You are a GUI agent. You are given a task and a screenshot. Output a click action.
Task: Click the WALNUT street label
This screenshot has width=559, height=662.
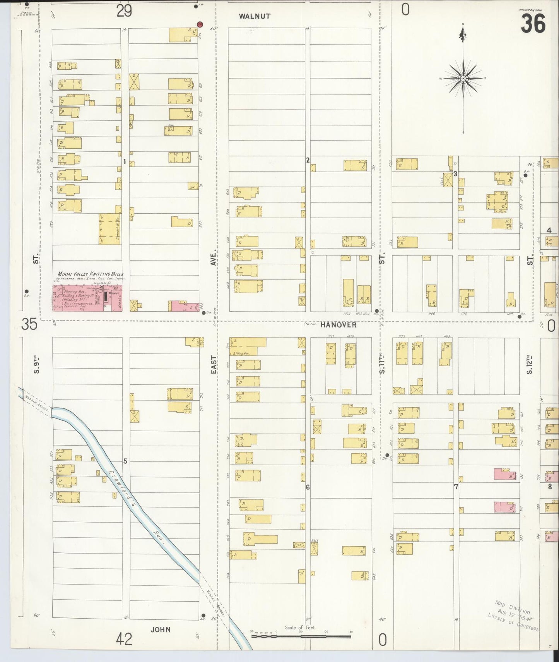(x=255, y=16)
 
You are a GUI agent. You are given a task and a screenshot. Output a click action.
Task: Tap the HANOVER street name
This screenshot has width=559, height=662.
(x=338, y=326)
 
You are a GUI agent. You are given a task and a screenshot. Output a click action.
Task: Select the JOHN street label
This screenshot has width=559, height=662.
(x=161, y=630)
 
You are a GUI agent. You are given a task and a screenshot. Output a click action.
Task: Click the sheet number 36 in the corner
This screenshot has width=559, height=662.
(x=533, y=23)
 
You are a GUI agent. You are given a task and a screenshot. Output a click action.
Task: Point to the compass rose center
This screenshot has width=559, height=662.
(x=463, y=79)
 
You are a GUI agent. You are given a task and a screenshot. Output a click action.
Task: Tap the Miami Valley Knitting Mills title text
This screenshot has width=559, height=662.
(x=91, y=274)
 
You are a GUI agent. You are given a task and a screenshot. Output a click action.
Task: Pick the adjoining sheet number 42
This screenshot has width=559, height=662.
(x=124, y=639)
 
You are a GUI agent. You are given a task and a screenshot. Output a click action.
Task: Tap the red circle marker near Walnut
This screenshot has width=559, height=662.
(x=200, y=24)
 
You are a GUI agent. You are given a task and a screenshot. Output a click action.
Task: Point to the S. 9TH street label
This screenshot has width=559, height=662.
(x=37, y=365)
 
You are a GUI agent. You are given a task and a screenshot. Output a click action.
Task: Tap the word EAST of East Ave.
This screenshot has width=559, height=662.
(x=214, y=365)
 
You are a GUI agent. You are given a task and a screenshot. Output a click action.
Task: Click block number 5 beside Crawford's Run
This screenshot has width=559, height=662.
(x=125, y=461)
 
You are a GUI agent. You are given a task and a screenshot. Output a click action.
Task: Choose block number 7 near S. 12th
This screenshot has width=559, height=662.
(x=456, y=487)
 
